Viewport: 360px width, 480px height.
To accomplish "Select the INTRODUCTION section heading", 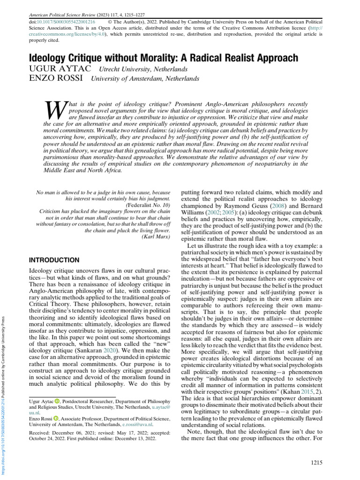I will (54, 260).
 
